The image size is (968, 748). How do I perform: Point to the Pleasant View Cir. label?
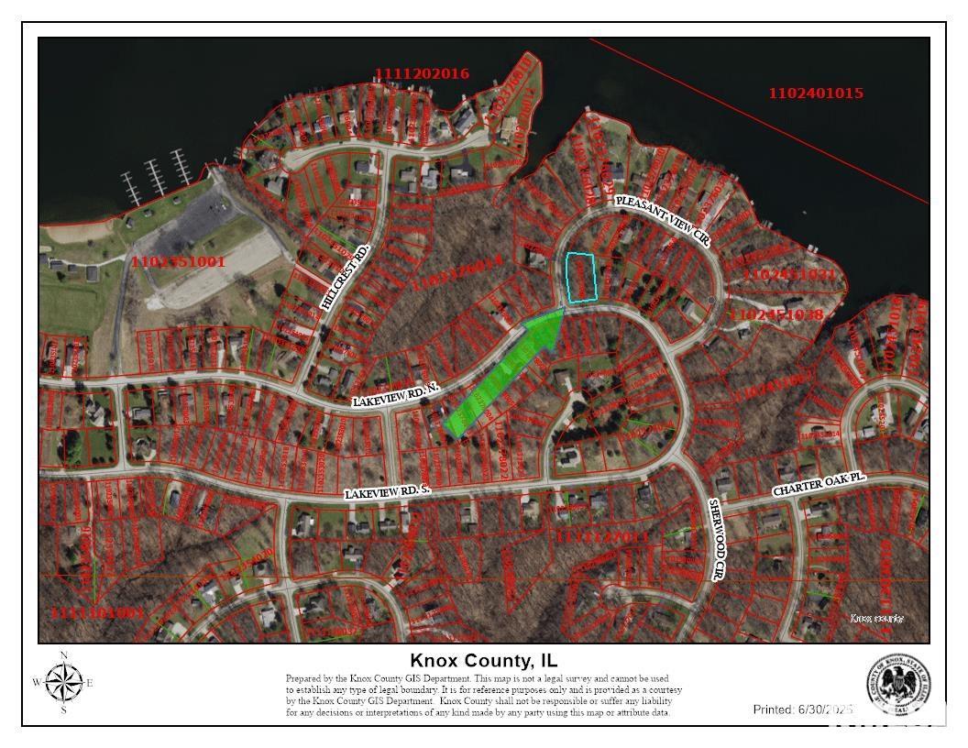pos(664,220)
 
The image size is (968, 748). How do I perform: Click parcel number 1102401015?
pos(815,93)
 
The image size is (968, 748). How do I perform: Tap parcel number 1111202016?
pos(422,73)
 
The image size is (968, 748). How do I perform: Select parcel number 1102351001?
pos(178,262)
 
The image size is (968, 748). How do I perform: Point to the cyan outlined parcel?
pos(581,278)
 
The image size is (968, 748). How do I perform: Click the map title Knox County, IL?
pos(483,661)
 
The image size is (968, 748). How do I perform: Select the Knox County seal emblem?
pos(898,685)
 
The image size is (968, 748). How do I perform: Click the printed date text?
pos(803,709)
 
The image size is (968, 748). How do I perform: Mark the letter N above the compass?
pos(63,654)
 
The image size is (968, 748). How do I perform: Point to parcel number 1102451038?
pos(777,314)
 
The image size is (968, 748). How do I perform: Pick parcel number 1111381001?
pos(98,612)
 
